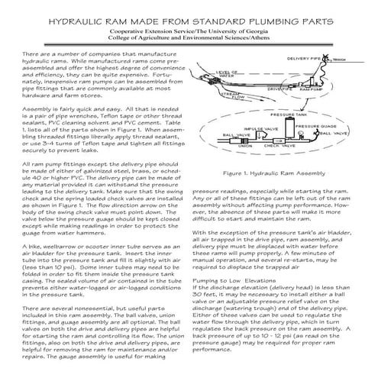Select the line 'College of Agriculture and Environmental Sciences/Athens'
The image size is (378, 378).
pos(189,36)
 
